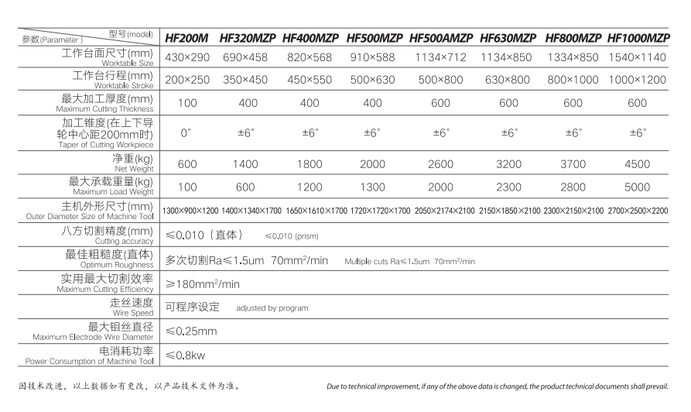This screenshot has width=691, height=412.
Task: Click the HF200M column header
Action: click(186, 37)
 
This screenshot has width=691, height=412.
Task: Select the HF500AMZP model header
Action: click(441, 37)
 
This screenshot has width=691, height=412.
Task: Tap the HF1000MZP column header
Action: click(638, 37)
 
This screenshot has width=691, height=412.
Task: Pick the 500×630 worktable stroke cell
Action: click(373, 80)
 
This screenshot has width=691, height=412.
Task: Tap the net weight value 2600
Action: click(441, 163)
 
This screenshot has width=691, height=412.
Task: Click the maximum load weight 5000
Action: click(638, 187)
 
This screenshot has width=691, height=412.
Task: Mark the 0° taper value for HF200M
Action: click(186, 133)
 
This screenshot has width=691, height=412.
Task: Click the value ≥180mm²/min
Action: click(203, 284)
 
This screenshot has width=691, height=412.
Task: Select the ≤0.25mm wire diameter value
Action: click(191, 331)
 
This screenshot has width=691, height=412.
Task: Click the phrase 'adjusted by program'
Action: click(272, 308)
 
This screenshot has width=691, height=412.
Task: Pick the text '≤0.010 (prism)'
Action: click(292, 235)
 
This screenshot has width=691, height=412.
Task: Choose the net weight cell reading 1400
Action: click(246, 163)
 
